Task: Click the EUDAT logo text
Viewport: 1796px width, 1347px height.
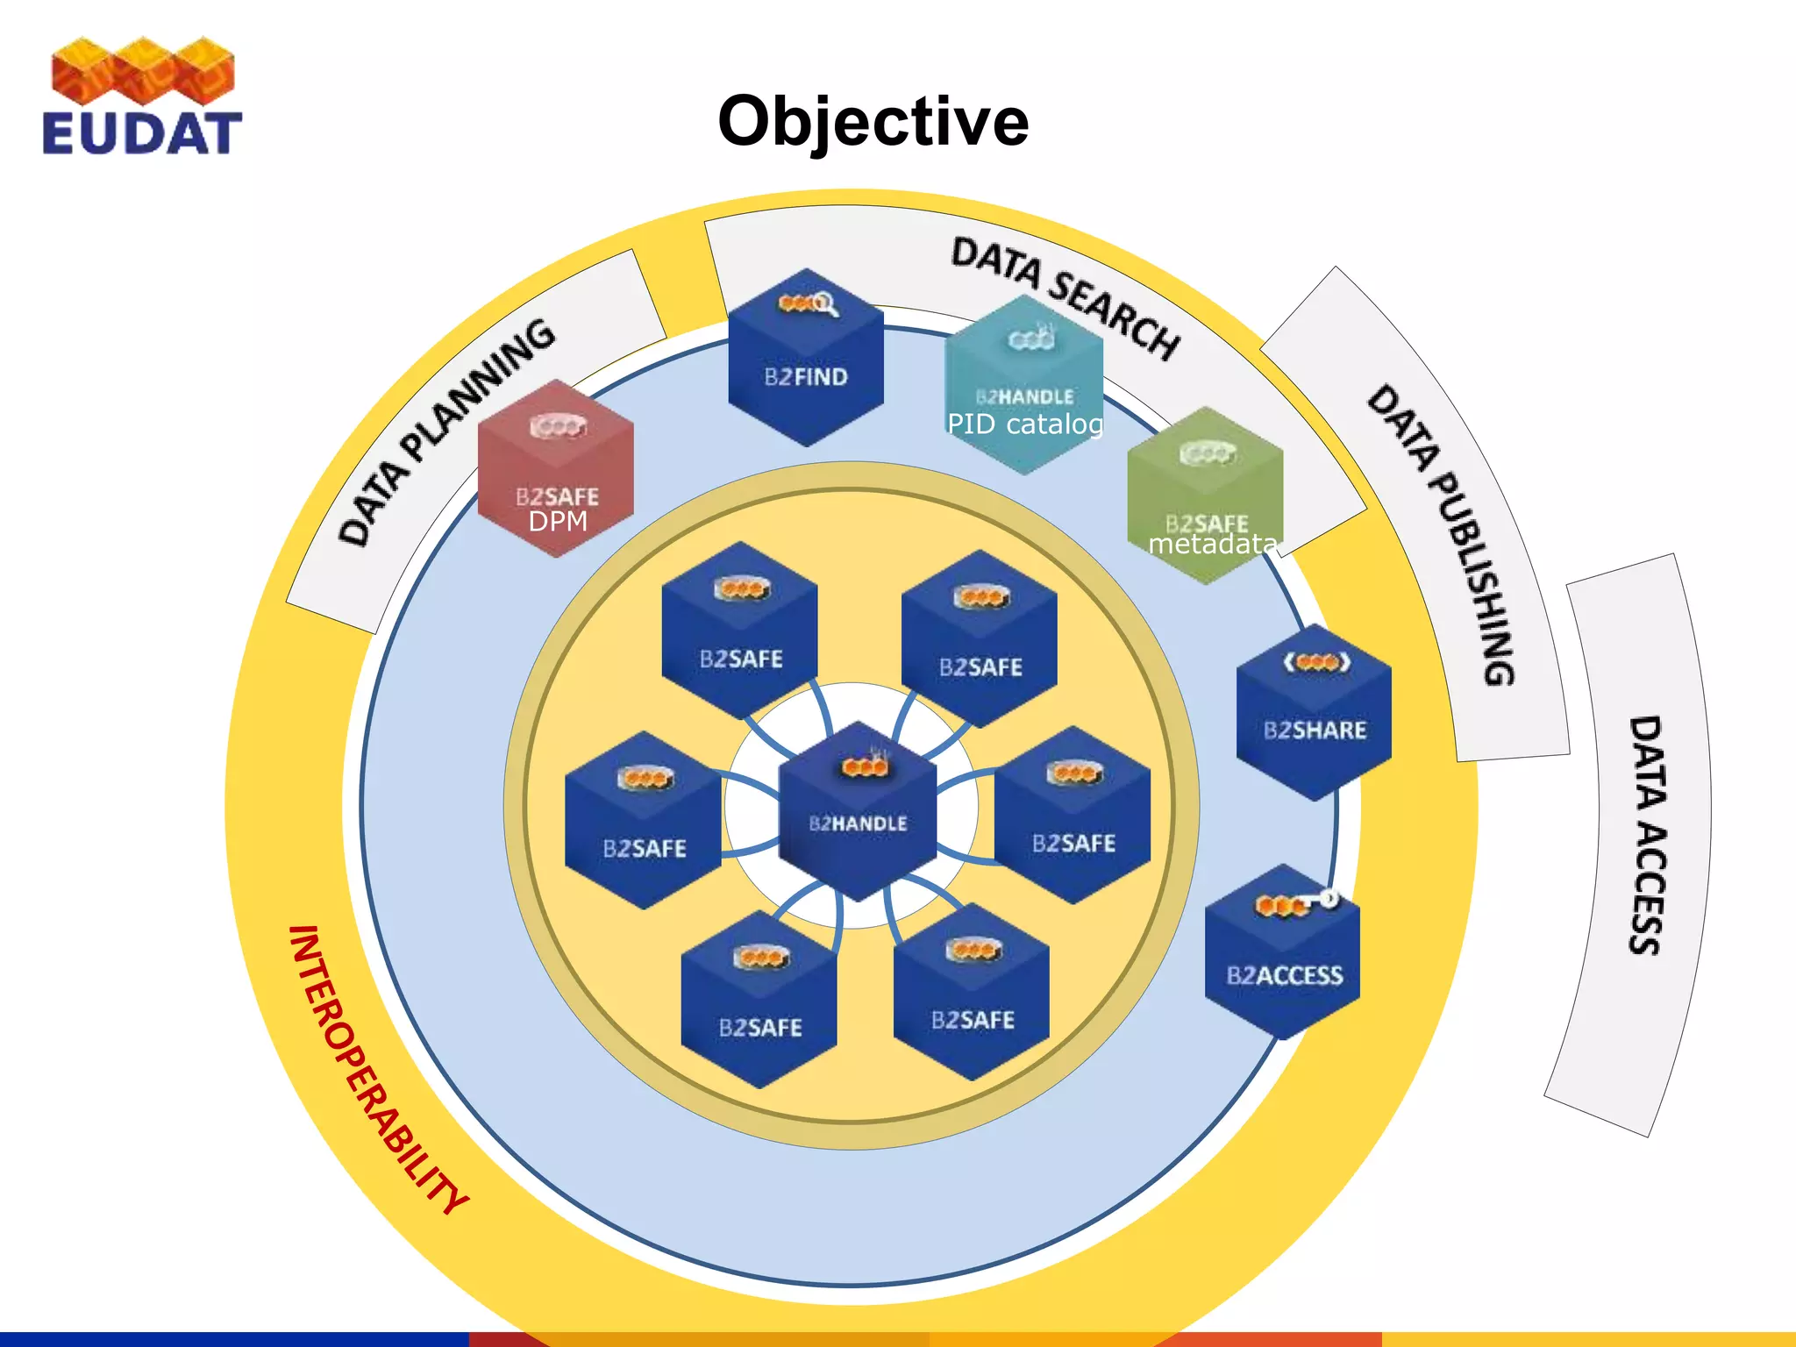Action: (142, 133)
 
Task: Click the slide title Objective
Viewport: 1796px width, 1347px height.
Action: (873, 121)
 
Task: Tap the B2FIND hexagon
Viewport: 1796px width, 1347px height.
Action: (806, 360)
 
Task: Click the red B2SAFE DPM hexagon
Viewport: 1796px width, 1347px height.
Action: (556, 469)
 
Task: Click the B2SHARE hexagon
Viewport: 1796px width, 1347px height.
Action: (1314, 712)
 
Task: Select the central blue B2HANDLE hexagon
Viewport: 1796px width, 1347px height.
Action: (858, 811)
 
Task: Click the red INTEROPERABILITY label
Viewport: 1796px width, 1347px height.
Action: (377, 1070)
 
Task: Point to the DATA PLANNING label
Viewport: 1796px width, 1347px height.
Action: (446, 431)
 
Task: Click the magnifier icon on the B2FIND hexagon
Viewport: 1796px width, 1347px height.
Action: (824, 304)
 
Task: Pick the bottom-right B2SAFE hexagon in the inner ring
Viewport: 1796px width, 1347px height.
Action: (972, 993)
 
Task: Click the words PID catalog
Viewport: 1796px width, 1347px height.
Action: (1024, 424)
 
